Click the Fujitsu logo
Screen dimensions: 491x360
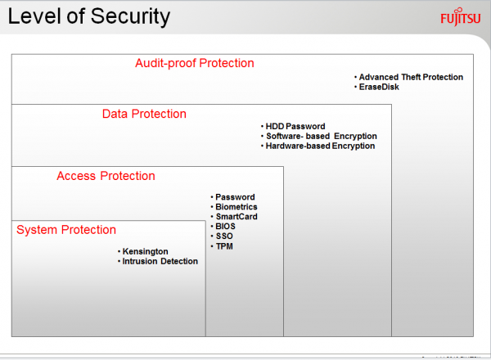tap(460, 17)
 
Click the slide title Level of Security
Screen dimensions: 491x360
tap(89, 17)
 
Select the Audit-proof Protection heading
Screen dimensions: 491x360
tap(195, 63)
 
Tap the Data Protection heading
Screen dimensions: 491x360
tap(144, 114)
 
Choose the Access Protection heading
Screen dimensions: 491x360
tap(106, 176)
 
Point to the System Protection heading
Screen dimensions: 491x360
tap(66, 230)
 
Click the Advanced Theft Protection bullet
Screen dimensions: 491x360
tap(409, 77)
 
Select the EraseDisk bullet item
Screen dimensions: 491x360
tap(376, 87)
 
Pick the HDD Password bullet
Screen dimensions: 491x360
tap(293, 126)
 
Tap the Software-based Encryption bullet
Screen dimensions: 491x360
tap(319, 136)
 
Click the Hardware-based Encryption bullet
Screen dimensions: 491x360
tap(318, 146)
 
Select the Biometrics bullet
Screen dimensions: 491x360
tap(234, 207)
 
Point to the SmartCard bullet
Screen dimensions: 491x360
tap(234, 217)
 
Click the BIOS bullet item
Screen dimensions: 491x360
tap(223, 227)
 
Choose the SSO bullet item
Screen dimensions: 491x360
tap(222, 236)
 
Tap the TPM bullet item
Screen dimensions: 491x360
tap(222, 246)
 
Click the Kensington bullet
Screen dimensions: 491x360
tap(143, 251)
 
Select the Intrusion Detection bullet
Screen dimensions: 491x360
tap(158, 261)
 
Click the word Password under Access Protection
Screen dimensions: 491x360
tap(235, 197)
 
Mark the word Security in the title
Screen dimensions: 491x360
tap(131, 17)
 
